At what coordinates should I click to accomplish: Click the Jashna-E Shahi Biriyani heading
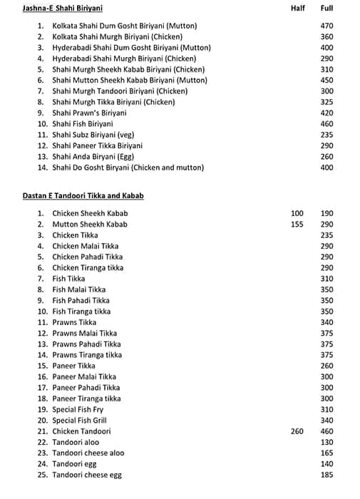63,9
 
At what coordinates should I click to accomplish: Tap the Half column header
297,9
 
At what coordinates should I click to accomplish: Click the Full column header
326,9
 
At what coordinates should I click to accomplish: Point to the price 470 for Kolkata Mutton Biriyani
326,26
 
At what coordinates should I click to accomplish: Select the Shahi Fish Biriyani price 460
326,124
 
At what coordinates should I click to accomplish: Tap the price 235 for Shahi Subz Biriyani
326,135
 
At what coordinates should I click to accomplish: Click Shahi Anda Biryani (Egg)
93,156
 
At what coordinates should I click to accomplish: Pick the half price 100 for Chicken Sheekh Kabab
297,213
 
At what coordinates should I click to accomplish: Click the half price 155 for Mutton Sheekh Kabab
297,224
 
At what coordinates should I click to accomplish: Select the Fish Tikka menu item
68,279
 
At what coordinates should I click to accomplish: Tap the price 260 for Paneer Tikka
326,366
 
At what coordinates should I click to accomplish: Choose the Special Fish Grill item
79,421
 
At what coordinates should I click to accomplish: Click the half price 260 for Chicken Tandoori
297,431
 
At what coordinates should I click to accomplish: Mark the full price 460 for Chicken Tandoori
326,431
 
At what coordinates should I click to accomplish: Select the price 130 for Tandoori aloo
326,442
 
